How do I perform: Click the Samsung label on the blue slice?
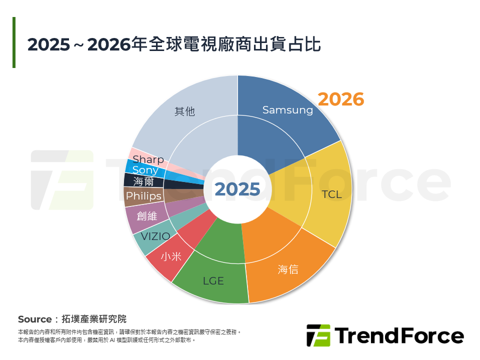tap(287, 110)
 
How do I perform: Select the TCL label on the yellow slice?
tap(331, 194)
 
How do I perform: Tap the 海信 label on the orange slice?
tap(288, 269)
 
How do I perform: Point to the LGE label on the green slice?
tap(213, 281)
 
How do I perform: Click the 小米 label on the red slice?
tap(171, 256)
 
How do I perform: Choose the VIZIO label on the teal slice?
tap(155, 236)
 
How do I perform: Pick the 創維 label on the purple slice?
tap(147, 216)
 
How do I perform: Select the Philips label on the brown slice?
tap(143, 196)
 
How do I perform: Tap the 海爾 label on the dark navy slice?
tap(143, 182)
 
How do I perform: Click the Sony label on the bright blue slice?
tap(145, 170)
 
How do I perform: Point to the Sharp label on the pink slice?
tap(148, 159)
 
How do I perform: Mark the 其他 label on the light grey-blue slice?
tap(184, 111)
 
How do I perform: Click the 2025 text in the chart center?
tap(237, 189)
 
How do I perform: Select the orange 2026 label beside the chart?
tap(341, 99)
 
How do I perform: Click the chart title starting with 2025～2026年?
tap(173, 44)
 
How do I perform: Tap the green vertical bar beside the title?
tap(14, 42)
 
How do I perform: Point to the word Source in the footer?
tap(34, 319)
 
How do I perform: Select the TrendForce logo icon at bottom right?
tap(318, 335)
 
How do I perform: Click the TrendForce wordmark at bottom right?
tap(399, 335)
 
